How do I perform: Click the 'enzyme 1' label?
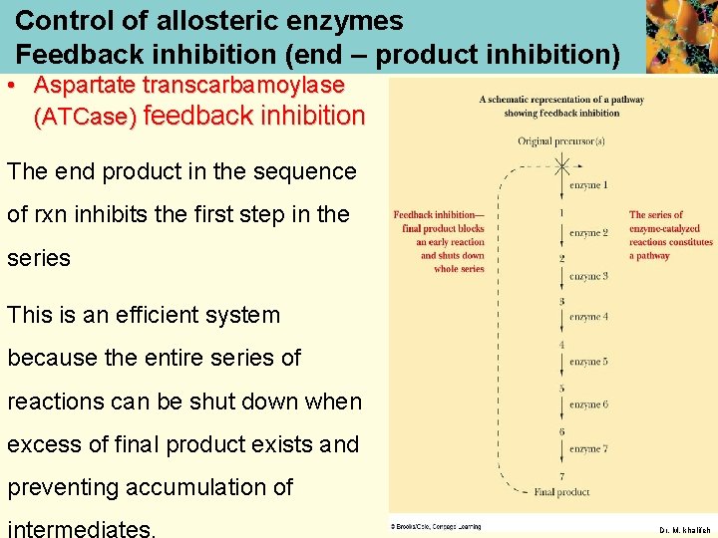588,185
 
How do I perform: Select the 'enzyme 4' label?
588,317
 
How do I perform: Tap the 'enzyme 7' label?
588,449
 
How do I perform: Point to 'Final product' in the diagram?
561,492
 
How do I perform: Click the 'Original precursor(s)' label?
561,141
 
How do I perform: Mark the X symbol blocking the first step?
562,164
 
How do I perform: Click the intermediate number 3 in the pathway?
561,301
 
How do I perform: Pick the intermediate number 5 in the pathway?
561,389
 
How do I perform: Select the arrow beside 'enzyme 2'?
562,233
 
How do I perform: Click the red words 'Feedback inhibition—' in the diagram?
439,214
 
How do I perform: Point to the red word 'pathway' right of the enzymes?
649,256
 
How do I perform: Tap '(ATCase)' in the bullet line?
85,118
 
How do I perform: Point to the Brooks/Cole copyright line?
436,526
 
